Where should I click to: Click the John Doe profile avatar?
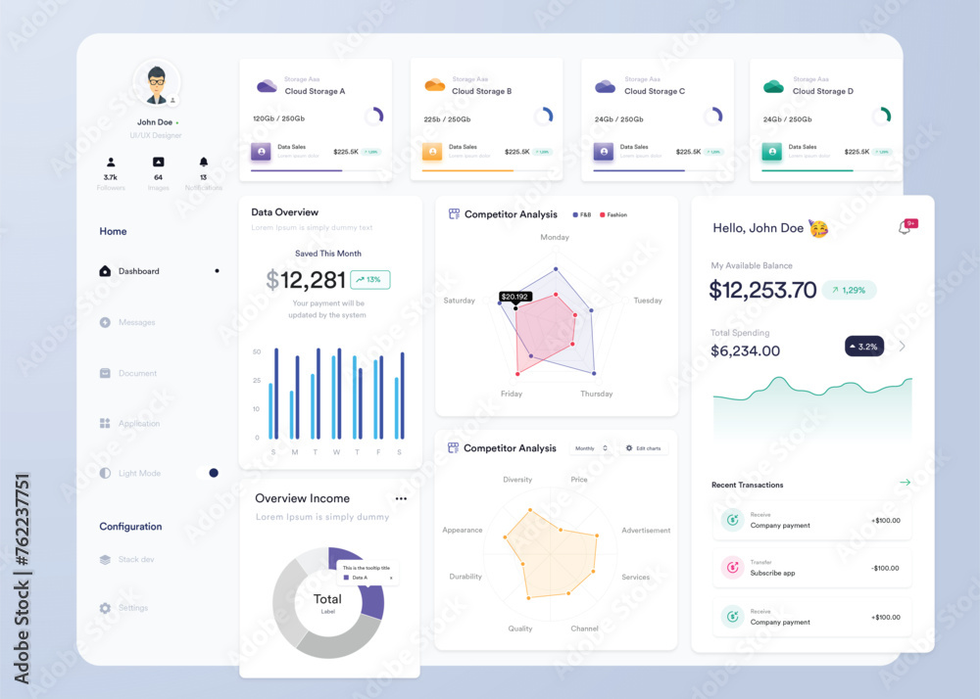click(x=157, y=84)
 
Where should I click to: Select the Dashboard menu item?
click(x=138, y=271)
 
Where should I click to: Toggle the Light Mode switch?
click(x=207, y=473)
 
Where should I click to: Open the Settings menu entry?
click(x=132, y=608)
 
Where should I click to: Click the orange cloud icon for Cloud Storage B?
click(x=434, y=86)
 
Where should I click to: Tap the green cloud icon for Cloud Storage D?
click(x=773, y=86)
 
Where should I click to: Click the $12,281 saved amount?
click(x=306, y=280)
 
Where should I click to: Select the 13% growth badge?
click(x=369, y=280)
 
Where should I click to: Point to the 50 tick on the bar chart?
click(x=257, y=351)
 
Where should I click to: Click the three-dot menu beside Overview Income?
click(x=401, y=498)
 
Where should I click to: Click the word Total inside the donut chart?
click(x=327, y=599)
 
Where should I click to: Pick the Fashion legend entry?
click(x=613, y=214)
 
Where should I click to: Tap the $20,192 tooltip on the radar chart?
click(x=514, y=296)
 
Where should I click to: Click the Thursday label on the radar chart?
click(x=596, y=394)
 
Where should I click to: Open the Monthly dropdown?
click(x=592, y=448)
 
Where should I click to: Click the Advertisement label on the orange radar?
click(x=646, y=531)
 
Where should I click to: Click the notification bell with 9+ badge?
click(x=906, y=227)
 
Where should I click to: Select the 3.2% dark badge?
click(x=864, y=346)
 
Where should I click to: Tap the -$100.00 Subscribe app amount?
click(x=885, y=568)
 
